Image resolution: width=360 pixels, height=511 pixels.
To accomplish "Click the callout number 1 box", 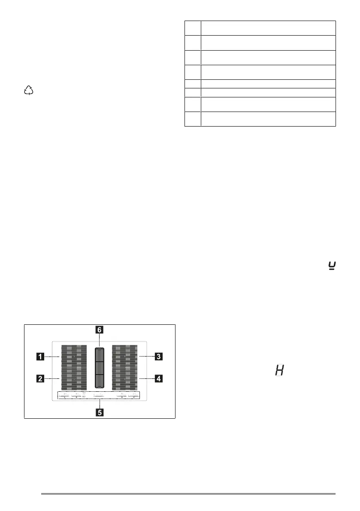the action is (x=39, y=356).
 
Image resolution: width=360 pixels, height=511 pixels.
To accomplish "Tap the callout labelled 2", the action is (x=39, y=378).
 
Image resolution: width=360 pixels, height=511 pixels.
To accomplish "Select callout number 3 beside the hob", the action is (x=159, y=356).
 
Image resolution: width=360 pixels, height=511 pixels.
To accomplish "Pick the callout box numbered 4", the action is (x=159, y=378).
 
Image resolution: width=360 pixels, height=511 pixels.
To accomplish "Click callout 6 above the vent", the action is (x=99, y=330).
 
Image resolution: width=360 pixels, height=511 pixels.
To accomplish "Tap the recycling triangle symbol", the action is (x=29, y=91).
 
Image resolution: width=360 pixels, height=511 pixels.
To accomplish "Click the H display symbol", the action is (x=279, y=370).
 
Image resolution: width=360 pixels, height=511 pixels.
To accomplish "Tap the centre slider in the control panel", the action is (x=99, y=395).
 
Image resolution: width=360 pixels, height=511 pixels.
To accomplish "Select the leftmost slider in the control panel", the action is (x=64, y=395).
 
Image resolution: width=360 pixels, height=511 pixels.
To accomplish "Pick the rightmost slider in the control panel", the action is (x=134, y=395).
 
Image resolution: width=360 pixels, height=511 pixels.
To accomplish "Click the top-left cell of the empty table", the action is (x=193, y=28).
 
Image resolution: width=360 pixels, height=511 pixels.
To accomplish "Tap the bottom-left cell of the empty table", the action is (x=193, y=118).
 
